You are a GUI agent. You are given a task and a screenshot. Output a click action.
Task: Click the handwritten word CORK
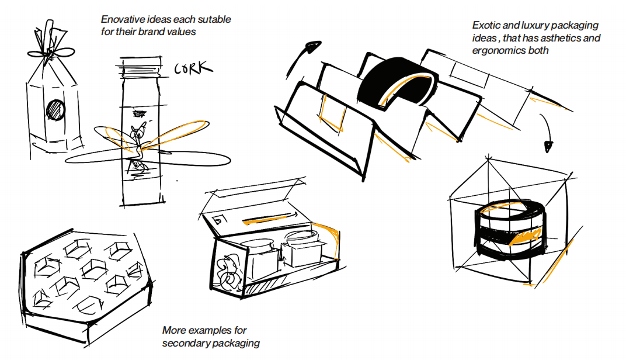coord(193,69)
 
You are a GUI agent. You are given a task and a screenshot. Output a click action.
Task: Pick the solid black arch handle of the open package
coord(397,82)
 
